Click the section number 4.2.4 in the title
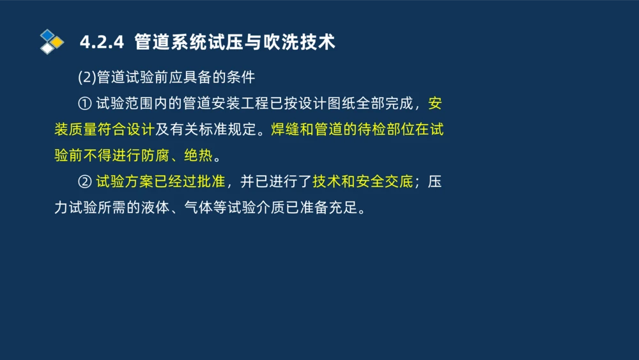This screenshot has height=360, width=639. (101, 43)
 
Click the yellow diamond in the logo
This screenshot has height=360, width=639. (57, 42)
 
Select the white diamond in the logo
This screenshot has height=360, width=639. (47, 49)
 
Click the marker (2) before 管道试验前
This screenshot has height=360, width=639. (87, 78)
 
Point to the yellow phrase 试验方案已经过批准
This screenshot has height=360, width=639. (160, 182)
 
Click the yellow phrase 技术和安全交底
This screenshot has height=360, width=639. (362, 182)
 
